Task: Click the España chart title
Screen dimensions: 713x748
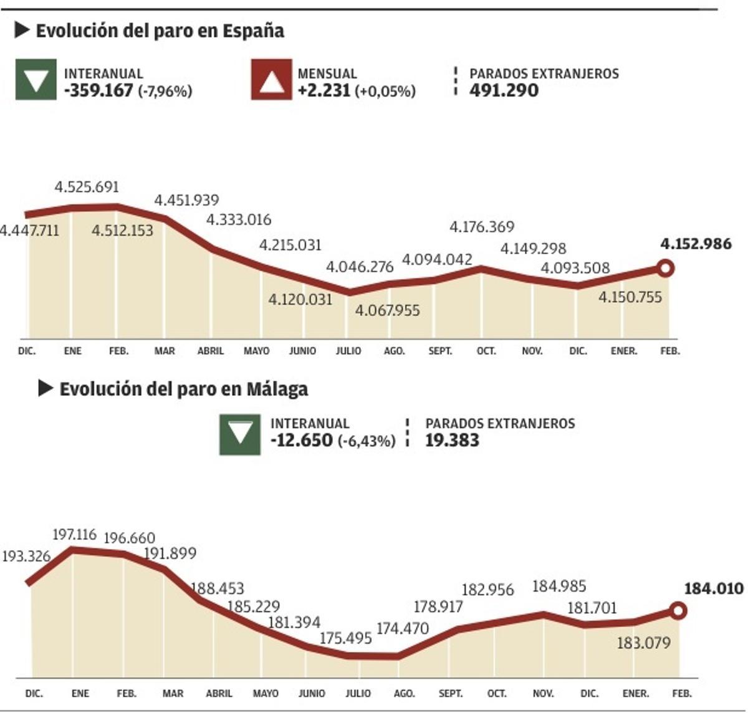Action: (x=160, y=31)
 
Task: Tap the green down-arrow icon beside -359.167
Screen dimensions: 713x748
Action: (x=36, y=80)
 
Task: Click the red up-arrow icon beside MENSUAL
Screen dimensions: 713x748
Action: (x=271, y=80)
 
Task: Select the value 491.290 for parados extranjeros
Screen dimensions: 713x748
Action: (x=504, y=91)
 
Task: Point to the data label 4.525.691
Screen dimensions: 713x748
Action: (x=87, y=187)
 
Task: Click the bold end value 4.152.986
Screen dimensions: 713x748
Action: (x=696, y=244)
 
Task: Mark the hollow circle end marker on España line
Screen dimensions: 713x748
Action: (x=666, y=269)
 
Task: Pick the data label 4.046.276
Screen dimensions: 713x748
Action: (x=360, y=267)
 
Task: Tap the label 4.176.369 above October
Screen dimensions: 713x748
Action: (x=482, y=227)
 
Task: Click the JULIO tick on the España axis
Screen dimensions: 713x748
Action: (x=348, y=352)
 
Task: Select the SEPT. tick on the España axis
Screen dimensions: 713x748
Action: (x=440, y=352)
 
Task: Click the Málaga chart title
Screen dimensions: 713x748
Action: (x=183, y=390)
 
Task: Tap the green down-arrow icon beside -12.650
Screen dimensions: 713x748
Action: (x=240, y=434)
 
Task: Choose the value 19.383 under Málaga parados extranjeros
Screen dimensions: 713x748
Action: (x=452, y=441)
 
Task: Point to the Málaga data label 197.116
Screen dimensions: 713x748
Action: (x=74, y=535)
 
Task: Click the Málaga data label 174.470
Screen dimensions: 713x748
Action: (x=403, y=628)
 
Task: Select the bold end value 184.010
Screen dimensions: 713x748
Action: (x=714, y=588)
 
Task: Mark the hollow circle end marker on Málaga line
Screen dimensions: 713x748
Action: (x=678, y=611)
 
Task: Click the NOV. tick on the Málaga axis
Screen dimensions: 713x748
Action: (x=543, y=694)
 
